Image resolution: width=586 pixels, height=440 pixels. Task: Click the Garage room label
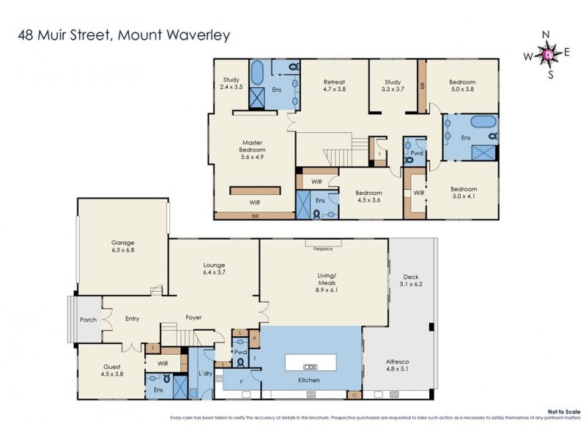(122, 246)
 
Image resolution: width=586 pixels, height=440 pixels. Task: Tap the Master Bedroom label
(252, 150)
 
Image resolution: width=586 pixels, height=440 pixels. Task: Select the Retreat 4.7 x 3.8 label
(333, 85)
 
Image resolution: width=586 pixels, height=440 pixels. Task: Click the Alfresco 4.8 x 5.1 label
(396, 366)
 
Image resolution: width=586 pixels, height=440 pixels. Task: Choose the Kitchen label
(308, 381)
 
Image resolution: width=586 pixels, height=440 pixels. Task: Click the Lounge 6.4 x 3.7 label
(214, 268)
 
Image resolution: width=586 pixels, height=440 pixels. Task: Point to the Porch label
(87, 320)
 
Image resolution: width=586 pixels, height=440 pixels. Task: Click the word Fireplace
(323, 249)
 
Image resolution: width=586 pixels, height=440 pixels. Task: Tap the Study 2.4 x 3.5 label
(231, 84)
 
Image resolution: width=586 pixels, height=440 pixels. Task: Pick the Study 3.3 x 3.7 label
(392, 85)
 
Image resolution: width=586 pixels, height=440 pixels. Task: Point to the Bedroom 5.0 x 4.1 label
(463, 192)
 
